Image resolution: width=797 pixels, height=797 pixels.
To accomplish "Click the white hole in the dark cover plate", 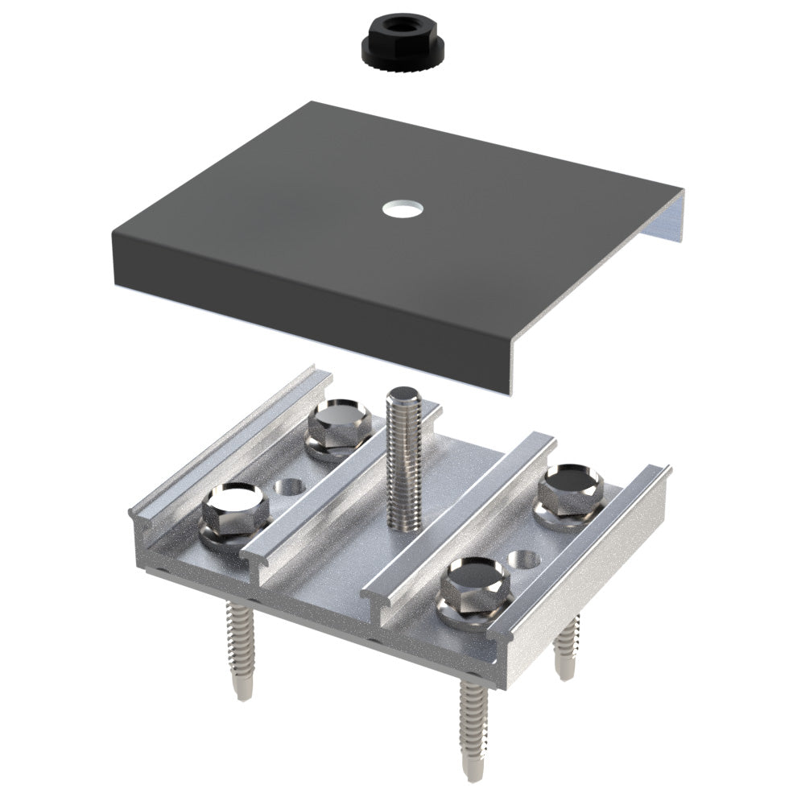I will (x=403, y=209).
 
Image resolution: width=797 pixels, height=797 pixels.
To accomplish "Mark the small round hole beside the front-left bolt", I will (x=287, y=488).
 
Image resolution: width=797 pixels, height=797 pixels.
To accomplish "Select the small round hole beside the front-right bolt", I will (x=524, y=559).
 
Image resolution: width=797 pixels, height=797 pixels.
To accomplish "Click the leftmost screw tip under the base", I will (x=240, y=689).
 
